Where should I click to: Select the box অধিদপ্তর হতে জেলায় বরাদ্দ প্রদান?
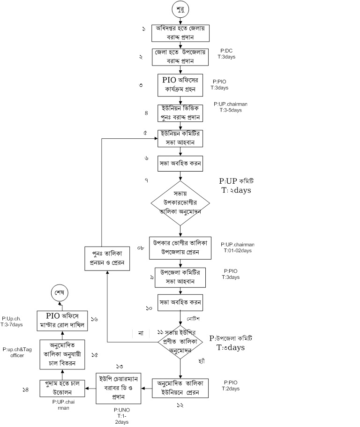click(x=180, y=33)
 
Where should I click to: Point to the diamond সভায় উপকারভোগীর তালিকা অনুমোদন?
click(x=180, y=202)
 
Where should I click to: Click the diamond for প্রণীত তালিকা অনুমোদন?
click(x=180, y=342)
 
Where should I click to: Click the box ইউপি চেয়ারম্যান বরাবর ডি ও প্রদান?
click(x=119, y=388)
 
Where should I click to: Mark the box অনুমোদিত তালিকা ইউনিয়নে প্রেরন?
click(x=180, y=388)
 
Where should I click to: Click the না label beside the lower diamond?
click(x=140, y=333)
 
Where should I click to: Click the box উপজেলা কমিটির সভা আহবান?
click(x=180, y=277)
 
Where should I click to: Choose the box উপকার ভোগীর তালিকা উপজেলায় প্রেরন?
click(x=180, y=247)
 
